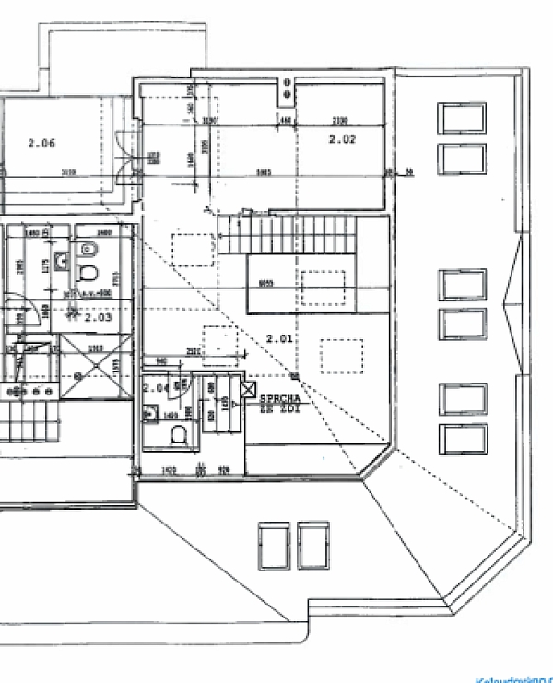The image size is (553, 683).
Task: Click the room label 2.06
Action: (41, 143)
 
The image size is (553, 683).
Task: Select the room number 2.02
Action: (342, 139)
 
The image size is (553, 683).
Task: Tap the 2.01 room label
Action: (278, 339)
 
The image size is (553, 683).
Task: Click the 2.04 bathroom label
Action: (155, 389)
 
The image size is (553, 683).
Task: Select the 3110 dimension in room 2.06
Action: (68, 171)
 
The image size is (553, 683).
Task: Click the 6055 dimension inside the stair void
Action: (266, 283)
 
